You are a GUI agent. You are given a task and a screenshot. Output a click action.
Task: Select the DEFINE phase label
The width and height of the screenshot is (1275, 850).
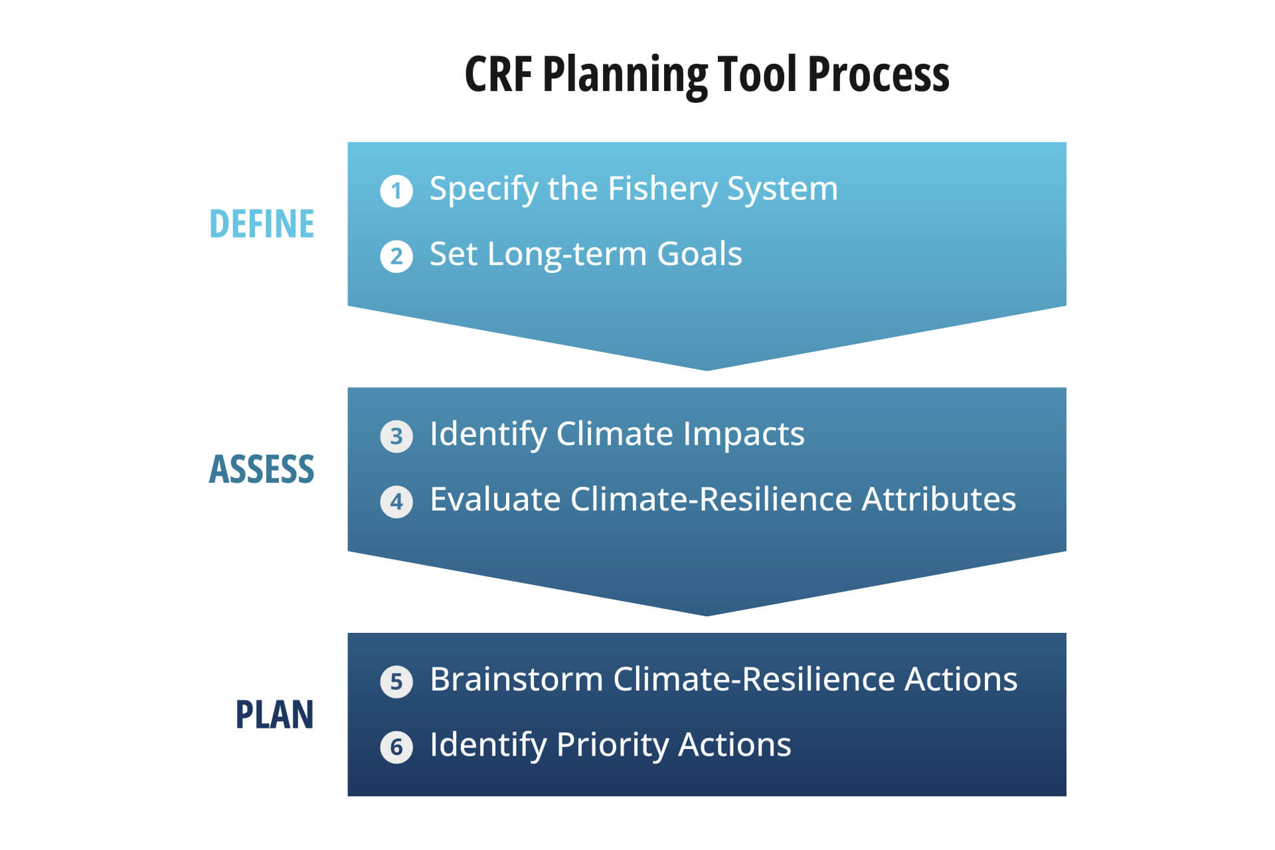(262, 224)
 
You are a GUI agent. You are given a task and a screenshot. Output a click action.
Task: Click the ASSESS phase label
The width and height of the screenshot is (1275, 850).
(262, 469)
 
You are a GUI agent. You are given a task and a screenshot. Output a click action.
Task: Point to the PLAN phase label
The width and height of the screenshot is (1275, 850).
(275, 715)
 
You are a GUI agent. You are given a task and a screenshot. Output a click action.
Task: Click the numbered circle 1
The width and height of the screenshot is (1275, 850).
(396, 191)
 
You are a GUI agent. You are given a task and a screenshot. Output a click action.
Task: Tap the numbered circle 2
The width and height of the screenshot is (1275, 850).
(396, 256)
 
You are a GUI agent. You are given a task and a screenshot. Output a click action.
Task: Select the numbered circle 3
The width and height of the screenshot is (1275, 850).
(396, 436)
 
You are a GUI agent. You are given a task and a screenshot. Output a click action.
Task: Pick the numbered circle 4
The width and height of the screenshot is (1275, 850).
(396, 501)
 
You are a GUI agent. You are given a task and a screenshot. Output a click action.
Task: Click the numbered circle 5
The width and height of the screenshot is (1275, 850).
(396, 681)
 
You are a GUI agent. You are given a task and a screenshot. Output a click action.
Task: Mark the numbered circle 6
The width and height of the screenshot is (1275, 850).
(396, 747)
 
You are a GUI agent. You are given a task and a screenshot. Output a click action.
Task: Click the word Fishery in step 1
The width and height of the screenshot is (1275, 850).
(663, 190)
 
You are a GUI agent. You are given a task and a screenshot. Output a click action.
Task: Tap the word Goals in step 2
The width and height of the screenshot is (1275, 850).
(699, 254)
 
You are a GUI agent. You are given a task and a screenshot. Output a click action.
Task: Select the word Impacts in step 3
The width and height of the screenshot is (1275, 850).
(744, 435)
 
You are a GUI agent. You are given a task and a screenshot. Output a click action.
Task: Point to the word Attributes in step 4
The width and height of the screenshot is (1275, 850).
(939, 499)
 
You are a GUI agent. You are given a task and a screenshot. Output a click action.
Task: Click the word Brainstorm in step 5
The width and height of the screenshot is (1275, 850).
(516, 679)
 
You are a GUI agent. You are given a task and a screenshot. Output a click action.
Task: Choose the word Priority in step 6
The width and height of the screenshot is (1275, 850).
(613, 746)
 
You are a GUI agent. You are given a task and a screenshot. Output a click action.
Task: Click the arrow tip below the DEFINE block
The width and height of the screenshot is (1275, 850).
(707, 370)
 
